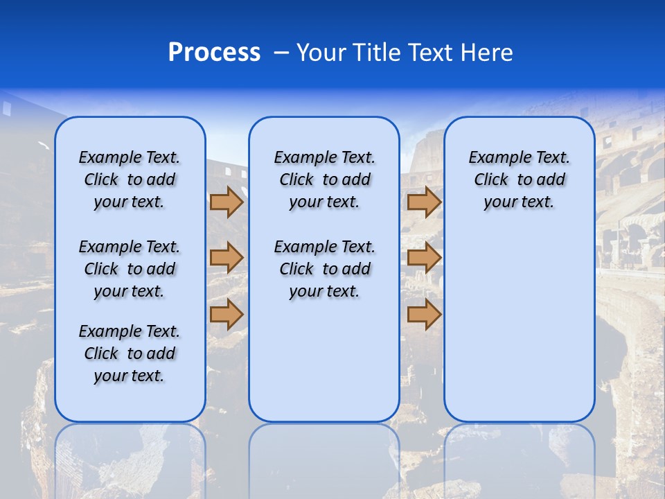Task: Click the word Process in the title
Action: click(x=214, y=53)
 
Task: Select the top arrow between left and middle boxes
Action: click(x=227, y=202)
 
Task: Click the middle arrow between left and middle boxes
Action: click(x=227, y=258)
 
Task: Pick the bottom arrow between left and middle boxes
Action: click(x=227, y=314)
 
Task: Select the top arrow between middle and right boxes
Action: click(x=424, y=202)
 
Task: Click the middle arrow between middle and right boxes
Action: click(x=424, y=258)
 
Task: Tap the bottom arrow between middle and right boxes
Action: click(x=424, y=314)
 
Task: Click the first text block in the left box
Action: click(x=130, y=180)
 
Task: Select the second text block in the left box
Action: click(x=130, y=269)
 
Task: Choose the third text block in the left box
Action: click(x=130, y=353)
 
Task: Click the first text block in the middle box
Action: click(x=324, y=180)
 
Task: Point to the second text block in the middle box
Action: click(x=324, y=269)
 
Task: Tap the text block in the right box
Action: click(x=520, y=180)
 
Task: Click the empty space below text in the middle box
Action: click(x=324, y=360)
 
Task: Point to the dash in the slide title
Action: click(x=282, y=53)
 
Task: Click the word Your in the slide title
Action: click(x=321, y=53)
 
